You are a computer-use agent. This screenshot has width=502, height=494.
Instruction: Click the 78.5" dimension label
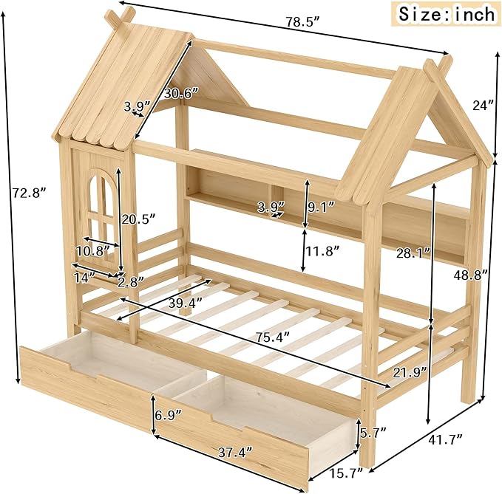coord(302,22)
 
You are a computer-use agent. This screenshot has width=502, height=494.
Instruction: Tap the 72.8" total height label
coord(30,193)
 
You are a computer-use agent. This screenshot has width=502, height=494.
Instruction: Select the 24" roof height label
coord(483,105)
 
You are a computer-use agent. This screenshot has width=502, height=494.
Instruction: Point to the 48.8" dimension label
coord(470,275)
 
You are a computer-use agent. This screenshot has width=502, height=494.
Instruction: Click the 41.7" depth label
coord(445,439)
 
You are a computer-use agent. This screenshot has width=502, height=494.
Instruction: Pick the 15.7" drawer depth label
coord(347,473)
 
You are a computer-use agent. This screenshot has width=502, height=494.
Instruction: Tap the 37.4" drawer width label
coord(235,452)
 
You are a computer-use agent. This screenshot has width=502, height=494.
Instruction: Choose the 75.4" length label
coord(273,337)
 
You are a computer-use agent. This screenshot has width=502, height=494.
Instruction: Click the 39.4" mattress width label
coord(186,302)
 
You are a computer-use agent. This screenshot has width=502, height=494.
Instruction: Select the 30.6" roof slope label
coord(182,94)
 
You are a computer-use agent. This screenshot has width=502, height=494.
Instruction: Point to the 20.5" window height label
coord(138,219)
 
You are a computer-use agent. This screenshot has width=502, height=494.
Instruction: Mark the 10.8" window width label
coord(92,250)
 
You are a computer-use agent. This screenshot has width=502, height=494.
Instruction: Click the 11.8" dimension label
coord(322,250)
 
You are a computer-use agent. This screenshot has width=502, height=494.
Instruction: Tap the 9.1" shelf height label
coord(321,207)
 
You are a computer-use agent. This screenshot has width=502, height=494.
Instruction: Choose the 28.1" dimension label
coord(413,253)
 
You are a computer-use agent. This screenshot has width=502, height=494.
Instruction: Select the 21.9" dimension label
coord(410,373)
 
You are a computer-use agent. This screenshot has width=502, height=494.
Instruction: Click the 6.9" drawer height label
coord(169,415)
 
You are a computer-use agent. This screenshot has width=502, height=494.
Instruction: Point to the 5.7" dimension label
coord(373,433)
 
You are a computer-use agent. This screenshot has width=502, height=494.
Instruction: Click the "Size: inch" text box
coord(447,14)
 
